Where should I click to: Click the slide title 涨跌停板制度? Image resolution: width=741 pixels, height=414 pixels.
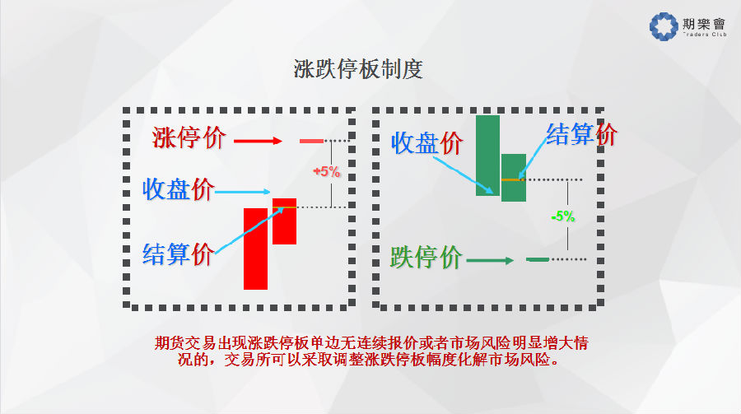(x=358, y=69)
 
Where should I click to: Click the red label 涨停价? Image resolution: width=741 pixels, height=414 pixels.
(x=189, y=138)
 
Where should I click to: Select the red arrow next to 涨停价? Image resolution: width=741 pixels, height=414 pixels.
(x=258, y=141)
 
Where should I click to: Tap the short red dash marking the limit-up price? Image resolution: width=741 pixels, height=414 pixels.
(x=311, y=141)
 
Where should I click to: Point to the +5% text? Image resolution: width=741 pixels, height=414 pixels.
(x=327, y=171)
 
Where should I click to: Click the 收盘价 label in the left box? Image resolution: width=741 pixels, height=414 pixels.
(x=179, y=189)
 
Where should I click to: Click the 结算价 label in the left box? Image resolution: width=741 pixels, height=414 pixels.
(x=179, y=254)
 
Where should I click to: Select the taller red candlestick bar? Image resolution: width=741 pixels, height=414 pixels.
(x=256, y=249)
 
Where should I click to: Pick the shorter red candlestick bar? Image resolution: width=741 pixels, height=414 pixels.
(x=285, y=221)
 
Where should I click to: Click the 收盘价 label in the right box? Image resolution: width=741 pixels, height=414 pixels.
(x=427, y=142)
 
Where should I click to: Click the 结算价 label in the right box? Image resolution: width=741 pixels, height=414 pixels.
(x=582, y=134)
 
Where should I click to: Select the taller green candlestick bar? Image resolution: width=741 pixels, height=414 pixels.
(x=487, y=156)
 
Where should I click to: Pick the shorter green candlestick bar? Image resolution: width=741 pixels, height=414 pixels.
(x=514, y=178)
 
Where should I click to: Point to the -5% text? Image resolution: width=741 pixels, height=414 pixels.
(x=563, y=216)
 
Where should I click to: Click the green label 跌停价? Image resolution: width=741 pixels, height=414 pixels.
(x=426, y=258)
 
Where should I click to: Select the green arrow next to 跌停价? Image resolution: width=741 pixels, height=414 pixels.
(x=490, y=260)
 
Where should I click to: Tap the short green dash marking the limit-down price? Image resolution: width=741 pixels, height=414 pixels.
(x=538, y=259)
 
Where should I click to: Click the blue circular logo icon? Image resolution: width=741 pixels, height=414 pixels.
(x=664, y=26)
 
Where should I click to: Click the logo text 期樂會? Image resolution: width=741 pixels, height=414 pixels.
(x=704, y=24)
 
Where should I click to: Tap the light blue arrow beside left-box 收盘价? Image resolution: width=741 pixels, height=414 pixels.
(x=242, y=192)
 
